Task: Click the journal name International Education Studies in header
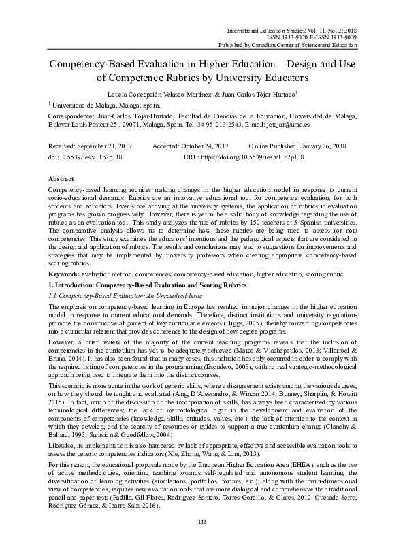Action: (268, 31)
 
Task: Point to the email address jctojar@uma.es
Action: (289, 126)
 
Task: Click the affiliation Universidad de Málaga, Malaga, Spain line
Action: (108, 106)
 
